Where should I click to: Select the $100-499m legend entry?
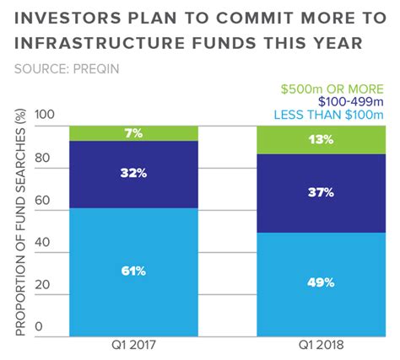pyautogui.click(x=343, y=102)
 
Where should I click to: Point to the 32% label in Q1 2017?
pyautogui.click(x=133, y=174)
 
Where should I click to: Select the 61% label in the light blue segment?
pyautogui.click(x=133, y=271)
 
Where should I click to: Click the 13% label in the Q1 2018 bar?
pyautogui.click(x=321, y=140)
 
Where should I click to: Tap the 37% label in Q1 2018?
pyautogui.click(x=321, y=192)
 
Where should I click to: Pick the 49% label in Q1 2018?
pyautogui.click(x=321, y=283)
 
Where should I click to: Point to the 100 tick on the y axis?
pyautogui.click(x=45, y=116)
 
